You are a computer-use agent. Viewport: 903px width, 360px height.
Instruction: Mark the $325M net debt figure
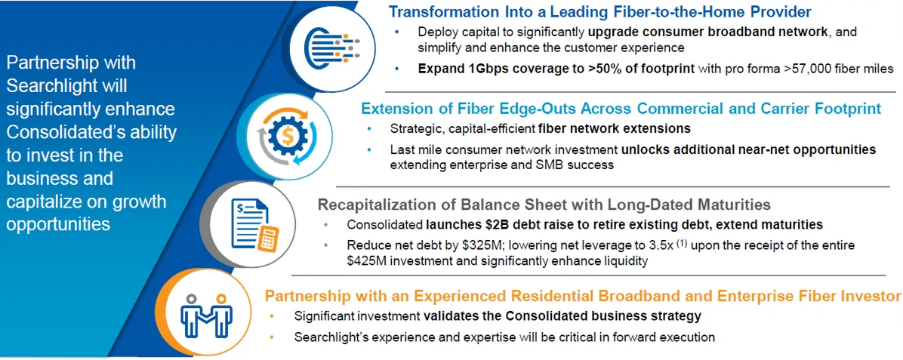(x=482, y=245)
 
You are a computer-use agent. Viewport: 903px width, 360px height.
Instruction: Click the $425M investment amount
(x=367, y=261)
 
